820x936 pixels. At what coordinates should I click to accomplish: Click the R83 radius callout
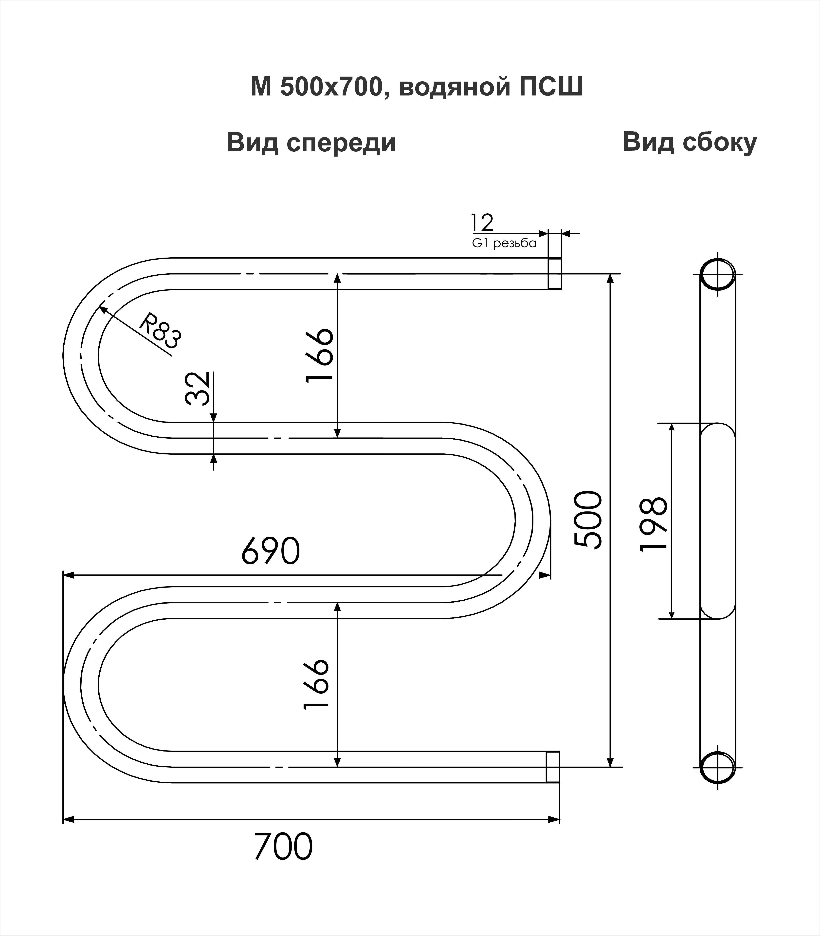(160, 331)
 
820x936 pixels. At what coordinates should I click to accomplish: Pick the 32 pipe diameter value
(198, 388)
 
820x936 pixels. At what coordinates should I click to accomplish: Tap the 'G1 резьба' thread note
(504, 243)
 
